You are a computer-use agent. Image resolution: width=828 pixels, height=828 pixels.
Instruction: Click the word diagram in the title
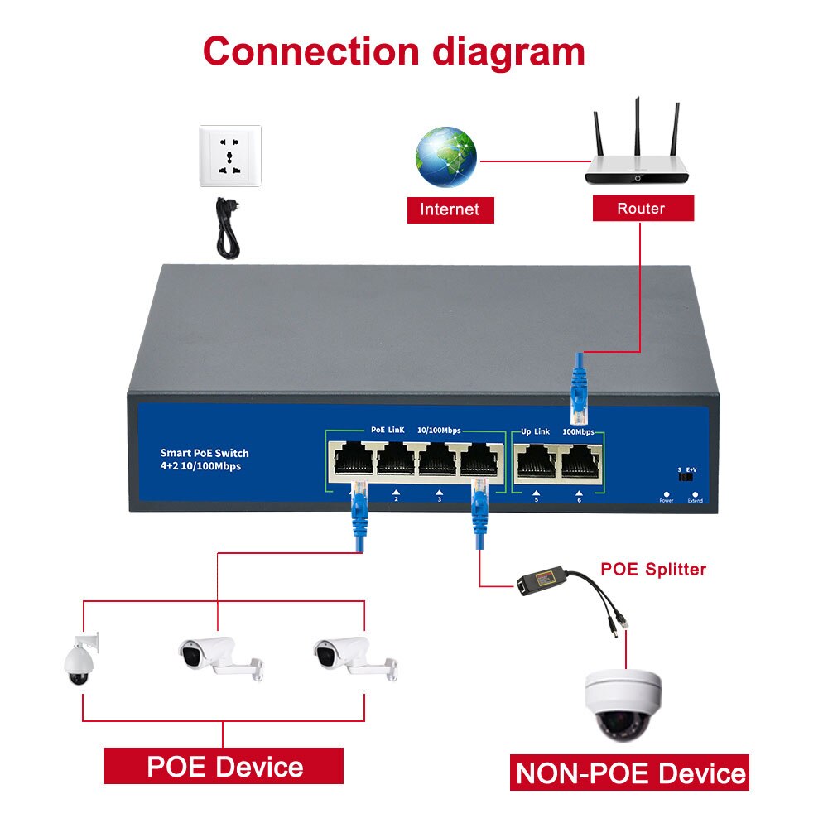[x=508, y=51]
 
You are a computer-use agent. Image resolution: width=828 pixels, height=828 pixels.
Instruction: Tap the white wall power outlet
[x=229, y=155]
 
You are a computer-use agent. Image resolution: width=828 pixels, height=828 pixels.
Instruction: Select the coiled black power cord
[x=226, y=229]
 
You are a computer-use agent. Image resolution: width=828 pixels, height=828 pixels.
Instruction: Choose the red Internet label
[x=450, y=209]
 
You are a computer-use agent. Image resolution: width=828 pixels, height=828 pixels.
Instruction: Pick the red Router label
[x=642, y=209]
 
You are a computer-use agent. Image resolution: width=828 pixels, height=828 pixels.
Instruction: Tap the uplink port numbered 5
[x=536, y=460]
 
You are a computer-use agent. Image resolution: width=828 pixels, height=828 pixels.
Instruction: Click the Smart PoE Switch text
[x=205, y=453]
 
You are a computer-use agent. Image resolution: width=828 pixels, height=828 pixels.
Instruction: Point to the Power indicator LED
[x=666, y=493]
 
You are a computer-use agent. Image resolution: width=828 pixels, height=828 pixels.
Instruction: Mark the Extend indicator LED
[x=695, y=493]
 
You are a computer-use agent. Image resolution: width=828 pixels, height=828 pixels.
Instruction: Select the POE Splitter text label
[x=653, y=570]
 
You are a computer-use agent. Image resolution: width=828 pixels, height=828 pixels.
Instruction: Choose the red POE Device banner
[x=224, y=766]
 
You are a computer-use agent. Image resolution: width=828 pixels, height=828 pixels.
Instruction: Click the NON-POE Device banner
[x=629, y=773]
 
